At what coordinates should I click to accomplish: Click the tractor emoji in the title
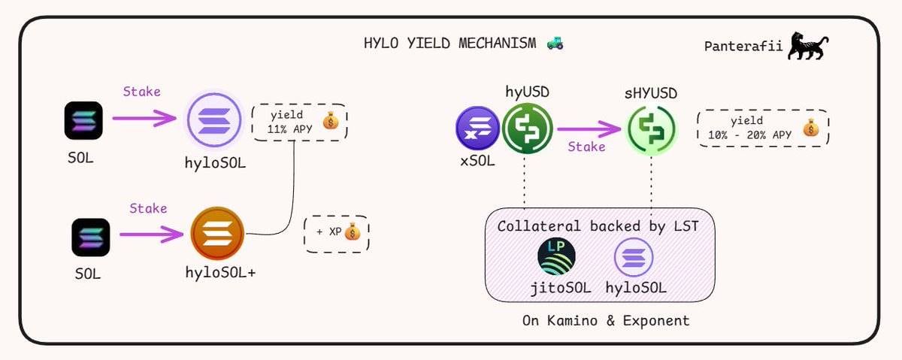[555, 43]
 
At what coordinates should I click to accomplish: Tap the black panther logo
[808, 47]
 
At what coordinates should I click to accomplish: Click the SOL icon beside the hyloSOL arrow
[83, 120]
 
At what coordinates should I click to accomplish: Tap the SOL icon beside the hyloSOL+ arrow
[91, 237]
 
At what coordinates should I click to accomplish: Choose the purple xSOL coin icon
[477, 128]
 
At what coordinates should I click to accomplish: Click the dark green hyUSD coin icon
[527, 128]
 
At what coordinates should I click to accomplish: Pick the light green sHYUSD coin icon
[651, 129]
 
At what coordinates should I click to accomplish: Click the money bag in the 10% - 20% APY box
[809, 129]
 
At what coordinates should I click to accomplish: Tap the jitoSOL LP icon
[557, 257]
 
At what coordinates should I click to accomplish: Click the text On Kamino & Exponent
[606, 321]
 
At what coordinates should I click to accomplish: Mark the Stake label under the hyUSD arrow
[586, 147]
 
